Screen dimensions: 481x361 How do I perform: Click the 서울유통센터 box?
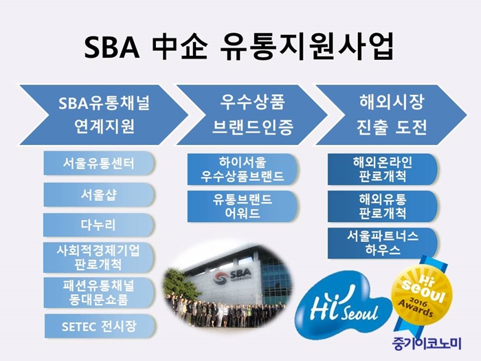(x=99, y=163)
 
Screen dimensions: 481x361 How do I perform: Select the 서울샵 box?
(x=99, y=195)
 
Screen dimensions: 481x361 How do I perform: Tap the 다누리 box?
(x=98, y=225)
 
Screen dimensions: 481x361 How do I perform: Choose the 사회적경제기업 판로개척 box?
(x=98, y=258)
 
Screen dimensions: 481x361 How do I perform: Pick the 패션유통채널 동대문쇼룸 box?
(x=99, y=293)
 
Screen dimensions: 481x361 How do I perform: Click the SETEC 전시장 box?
(x=100, y=326)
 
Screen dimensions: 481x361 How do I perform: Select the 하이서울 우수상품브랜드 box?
(x=243, y=169)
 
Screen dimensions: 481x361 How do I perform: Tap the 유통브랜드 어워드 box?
(x=243, y=206)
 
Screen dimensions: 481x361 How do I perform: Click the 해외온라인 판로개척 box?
(x=383, y=169)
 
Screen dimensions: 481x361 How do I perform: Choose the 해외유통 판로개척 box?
(x=383, y=206)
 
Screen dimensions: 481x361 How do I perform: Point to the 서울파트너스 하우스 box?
(x=383, y=243)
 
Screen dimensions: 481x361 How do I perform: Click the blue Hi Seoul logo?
(x=344, y=303)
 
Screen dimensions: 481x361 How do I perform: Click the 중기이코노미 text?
(x=427, y=344)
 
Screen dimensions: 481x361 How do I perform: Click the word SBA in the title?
(x=112, y=48)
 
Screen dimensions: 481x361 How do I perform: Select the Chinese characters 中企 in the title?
(x=180, y=47)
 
